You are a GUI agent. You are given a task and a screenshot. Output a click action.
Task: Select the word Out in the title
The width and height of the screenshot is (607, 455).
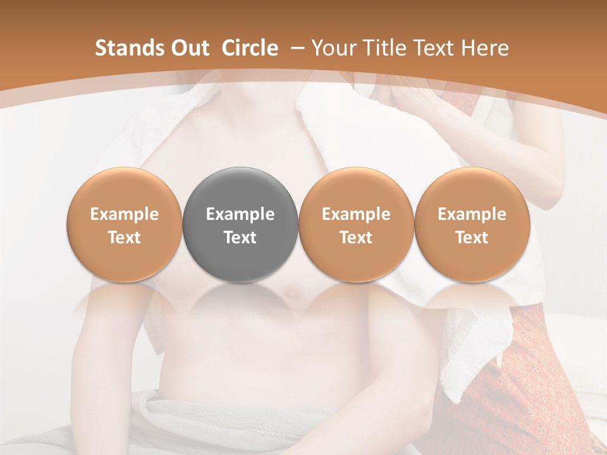[x=188, y=48]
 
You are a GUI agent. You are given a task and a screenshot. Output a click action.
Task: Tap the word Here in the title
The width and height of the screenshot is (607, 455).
[x=485, y=48]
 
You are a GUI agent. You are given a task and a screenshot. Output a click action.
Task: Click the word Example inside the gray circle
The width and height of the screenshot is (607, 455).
[x=240, y=214]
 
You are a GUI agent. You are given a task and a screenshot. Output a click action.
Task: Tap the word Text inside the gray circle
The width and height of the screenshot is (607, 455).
[x=240, y=238]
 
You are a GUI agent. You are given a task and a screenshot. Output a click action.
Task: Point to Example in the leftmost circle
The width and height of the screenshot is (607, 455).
[x=125, y=214]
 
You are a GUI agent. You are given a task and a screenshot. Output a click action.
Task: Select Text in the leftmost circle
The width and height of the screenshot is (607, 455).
[x=125, y=238]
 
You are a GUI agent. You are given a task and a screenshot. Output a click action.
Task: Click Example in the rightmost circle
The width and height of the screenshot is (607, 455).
[x=472, y=214]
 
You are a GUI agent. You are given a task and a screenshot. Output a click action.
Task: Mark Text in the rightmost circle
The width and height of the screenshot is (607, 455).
[x=472, y=238]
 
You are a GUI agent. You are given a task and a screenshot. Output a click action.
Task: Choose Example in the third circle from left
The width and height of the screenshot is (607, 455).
[x=356, y=214]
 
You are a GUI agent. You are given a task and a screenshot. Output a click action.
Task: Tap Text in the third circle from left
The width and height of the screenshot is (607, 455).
[x=356, y=238]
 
